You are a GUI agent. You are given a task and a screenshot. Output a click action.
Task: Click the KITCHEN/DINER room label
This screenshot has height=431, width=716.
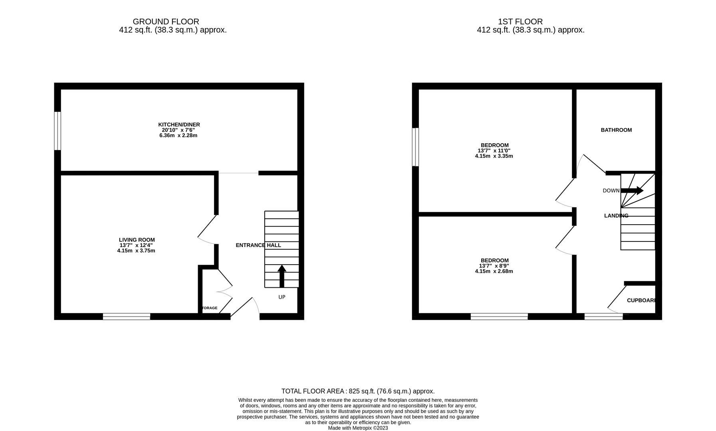tap(179, 125)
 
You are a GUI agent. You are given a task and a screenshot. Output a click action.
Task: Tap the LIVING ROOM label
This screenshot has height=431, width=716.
tap(137, 240)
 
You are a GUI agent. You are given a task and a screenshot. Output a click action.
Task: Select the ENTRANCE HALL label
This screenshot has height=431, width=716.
tap(258, 245)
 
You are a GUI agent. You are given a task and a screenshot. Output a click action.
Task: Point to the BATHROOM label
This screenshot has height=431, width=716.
tap(616, 130)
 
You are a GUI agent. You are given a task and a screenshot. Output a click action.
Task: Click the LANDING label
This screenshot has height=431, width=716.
tap(616, 215)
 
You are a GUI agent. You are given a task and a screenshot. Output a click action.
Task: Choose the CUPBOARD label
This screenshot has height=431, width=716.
tap(641, 300)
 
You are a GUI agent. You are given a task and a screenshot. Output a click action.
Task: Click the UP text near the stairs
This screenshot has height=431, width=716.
tap(282, 297)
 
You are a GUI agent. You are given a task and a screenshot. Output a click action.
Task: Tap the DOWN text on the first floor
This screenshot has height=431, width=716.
tap(611, 191)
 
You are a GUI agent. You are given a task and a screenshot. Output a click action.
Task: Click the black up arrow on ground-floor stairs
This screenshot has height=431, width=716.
tap(282, 276)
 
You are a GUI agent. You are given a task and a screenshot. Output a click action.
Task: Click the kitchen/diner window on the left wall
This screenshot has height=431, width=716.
tap(58, 131)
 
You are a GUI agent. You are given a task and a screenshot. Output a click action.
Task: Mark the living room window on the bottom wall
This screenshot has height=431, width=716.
tap(126, 316)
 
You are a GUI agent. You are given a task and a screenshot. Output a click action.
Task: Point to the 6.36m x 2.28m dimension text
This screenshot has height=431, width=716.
tap(178, 135)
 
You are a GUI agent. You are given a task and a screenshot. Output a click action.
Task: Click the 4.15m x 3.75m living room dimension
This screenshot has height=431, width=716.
tap(136, 251)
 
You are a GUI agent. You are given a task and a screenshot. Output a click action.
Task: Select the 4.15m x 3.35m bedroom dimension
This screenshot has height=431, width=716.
tap(494, 156)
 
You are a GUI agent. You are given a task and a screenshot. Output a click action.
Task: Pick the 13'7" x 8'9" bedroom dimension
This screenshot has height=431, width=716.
tap(494, 266)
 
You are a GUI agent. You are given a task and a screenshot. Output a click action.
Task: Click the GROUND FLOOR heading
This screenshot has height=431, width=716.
tap(166, 22)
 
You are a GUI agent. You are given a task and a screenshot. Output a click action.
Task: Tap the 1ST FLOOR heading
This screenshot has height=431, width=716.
tap(520, 22)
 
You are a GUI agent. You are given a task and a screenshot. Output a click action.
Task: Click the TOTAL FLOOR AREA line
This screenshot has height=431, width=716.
tap(358, 391)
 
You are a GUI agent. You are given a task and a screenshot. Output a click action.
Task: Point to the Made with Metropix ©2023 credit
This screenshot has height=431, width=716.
tap(358, 428)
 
